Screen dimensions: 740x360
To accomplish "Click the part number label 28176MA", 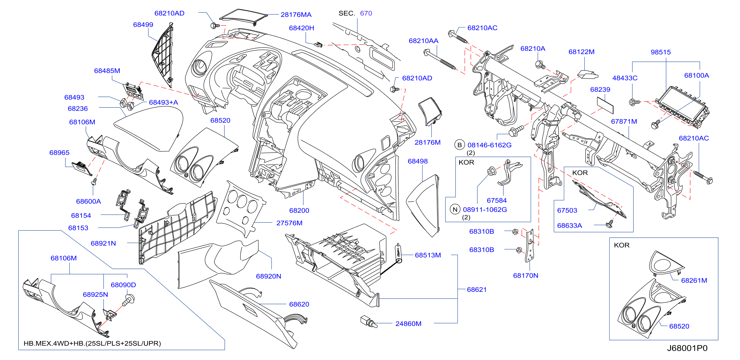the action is coord(296,15).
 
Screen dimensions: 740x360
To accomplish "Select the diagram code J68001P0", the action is coord(687,348).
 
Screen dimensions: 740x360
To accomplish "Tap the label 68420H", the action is coord(301,28).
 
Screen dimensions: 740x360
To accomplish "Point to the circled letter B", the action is coord(460,145).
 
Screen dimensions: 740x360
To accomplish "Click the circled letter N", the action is coord(455,210).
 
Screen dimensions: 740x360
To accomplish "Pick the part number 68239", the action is coord(600,90).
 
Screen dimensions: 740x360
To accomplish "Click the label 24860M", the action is coord(408,324).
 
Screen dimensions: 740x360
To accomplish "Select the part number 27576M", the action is coord(289,223).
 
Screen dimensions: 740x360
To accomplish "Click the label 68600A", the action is coord(89,202).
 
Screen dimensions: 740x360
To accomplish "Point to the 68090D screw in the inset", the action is coord(128,299).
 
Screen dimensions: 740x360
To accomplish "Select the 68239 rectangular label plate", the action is coord(605,105).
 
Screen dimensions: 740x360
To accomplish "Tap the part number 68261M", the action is coord(694,280).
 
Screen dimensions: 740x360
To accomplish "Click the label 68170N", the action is coord(525,276).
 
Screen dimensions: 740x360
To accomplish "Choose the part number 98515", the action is coord(660,52).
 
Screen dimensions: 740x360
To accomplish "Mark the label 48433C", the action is coord(625,78).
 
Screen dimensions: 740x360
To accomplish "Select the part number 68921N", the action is coord(103,244).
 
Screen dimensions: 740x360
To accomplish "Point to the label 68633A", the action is coord(569,226).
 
